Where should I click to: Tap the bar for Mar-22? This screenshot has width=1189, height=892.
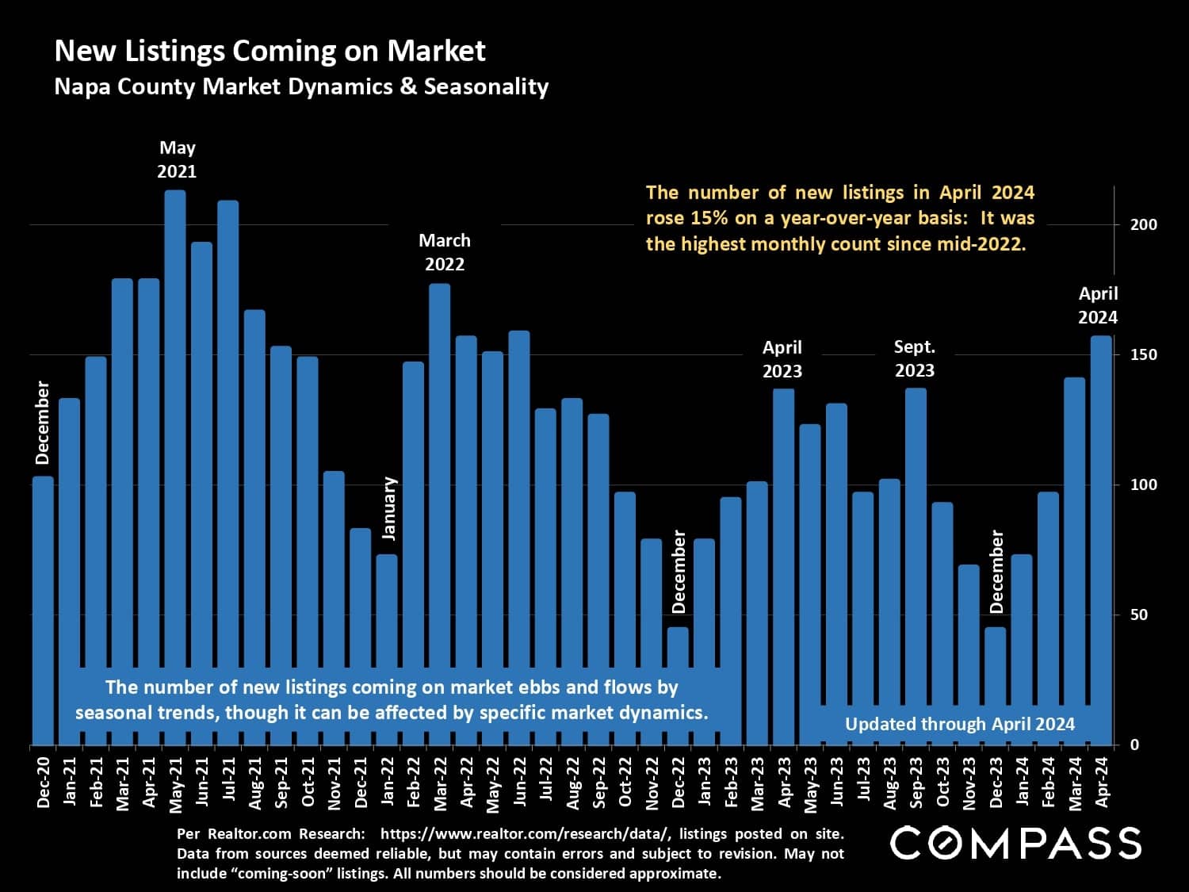point(440,476)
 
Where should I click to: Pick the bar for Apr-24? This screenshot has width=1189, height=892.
point(1101,515)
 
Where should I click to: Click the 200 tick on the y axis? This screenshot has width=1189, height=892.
point(1143,224)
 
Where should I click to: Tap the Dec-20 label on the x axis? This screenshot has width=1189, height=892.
point(44,782)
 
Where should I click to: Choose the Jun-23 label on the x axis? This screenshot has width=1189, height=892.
point(837,782)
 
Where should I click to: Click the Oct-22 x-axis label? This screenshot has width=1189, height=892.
point(625,782)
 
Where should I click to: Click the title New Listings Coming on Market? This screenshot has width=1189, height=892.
point(270,51)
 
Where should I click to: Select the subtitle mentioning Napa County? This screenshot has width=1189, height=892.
point(301,86)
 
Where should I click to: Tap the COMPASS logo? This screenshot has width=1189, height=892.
point(1015,842)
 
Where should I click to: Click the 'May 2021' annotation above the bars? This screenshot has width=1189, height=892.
point(177,159)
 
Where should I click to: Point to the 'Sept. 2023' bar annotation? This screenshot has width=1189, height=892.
point(915,358)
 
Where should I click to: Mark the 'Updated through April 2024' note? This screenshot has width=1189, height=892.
point(959,724)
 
